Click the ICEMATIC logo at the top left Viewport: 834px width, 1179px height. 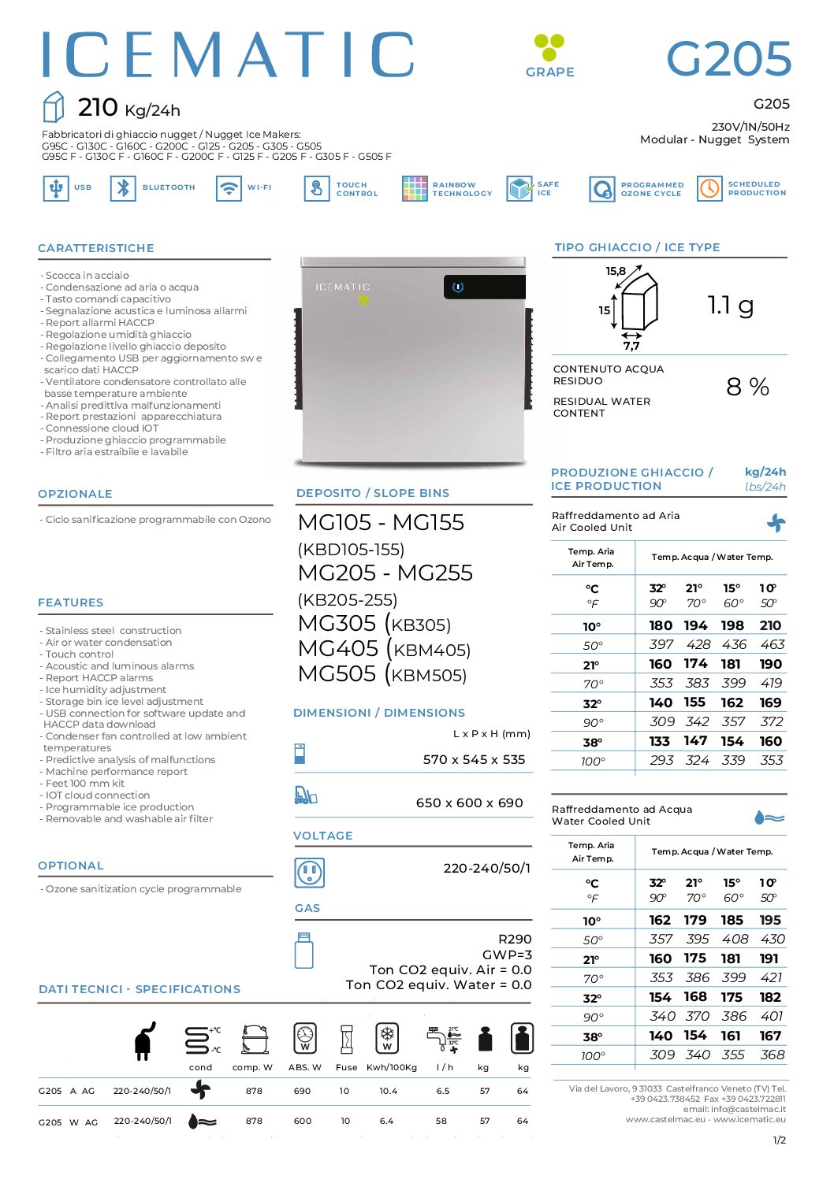tap(228, 55)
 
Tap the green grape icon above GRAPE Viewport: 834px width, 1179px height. tap(549, 46)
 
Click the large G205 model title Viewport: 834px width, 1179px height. tap(728, 59)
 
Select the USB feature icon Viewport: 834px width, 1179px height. tap(55, 188)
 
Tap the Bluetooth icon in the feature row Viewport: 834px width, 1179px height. tap(123, 188)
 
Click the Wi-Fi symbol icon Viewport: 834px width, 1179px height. tap(229, 188)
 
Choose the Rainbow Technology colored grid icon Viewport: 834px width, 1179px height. tap(415, 188)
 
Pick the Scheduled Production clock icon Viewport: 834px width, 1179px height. tap(709, 188)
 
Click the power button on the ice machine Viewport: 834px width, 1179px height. tap(458, 287)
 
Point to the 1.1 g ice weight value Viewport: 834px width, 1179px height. tap(730, 305)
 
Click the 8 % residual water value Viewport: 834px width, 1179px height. tap(747, 387)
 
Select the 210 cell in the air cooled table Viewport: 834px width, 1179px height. tap(770, 625)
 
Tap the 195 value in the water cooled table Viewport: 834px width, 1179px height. tap(770, 920)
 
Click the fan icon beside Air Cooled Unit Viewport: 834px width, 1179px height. tap(776, 522)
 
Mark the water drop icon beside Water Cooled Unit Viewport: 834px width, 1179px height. tap(769, 818)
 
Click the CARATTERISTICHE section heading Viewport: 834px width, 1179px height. tap(96, 248)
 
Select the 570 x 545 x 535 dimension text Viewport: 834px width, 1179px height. tap(474, 760)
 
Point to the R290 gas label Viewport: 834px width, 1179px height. tap(515, 939)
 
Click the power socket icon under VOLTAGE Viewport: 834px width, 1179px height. tap(309, 872)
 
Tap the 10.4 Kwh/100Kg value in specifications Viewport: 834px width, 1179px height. tap(388, 1091)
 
